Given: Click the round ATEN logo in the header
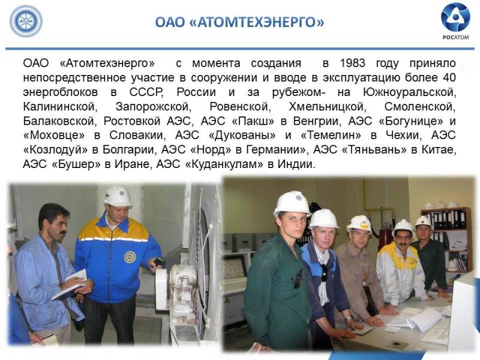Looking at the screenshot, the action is (x=26, y=22).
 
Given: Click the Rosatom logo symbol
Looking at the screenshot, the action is (x=455, y=17).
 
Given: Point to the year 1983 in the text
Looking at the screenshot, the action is (x=352, y=63).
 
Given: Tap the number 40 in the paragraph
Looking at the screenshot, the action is (x=449, y=77).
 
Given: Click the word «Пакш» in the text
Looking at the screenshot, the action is (x=253, y=121).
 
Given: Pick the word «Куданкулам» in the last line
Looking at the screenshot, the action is (x=224, y=164).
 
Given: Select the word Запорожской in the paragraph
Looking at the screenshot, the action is (x=153, y=107).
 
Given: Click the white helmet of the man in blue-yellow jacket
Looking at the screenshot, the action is (x=118, y=196).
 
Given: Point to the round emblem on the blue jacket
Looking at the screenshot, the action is (x=130, y=257).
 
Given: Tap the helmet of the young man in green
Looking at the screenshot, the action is (x=292, y=203).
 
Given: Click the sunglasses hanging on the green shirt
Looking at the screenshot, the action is (x=298, y=278).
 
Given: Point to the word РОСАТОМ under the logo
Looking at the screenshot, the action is (x=455, y=37).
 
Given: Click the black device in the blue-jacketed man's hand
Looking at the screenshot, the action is (x=159, y=262).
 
